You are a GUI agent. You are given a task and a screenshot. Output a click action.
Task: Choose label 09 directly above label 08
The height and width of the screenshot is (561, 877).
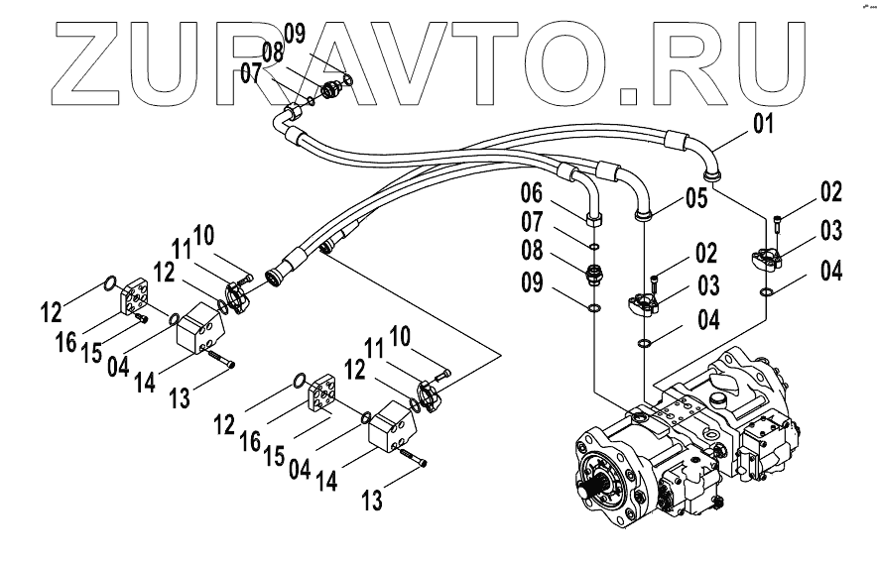[294, 34]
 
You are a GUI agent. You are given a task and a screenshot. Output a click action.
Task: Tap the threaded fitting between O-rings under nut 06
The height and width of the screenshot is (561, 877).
[593, 274]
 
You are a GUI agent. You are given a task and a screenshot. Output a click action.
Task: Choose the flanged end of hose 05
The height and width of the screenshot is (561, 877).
[643, 210]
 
